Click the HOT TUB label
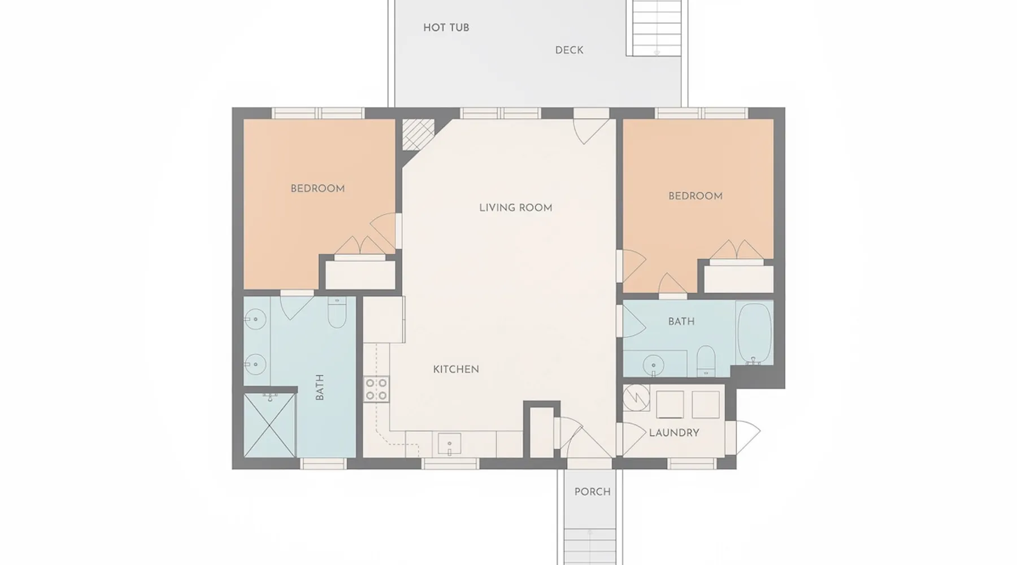click(x=446, y=28)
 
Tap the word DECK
click(x=569, y=50)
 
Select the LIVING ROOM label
click(x=515, y=208)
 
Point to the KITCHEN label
click(x=456, y=370)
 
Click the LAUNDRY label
click(x=674, y=433)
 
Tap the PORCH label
click(x=593, y=492)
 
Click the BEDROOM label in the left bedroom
click(x=318, y=189)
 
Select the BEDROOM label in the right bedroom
click(x=696, y=196)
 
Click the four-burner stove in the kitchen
click(x=376, y=389)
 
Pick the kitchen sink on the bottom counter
click(x=450, y=444)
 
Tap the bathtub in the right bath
click(x=755, y=333)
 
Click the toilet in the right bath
click(x=706, y=360)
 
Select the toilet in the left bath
click(x=337, y=314)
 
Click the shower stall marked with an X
click(x=270, y=425)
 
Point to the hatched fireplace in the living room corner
click(x=418, y=134)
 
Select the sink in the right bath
click(x=654, y=364)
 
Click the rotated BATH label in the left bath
click(x=320, y=387)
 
